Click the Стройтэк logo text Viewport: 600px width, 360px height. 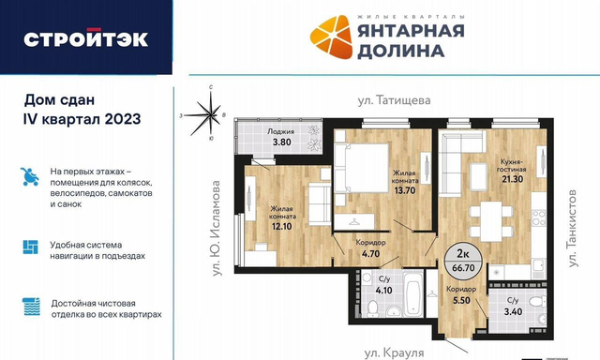85,38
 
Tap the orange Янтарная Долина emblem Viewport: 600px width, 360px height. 331,37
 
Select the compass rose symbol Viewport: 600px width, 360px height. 209,114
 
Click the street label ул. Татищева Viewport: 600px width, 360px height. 394,100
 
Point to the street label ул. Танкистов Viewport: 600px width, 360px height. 572,228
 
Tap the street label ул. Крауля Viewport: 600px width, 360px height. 394,352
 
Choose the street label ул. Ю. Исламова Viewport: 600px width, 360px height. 217,228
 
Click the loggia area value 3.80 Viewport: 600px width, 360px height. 281,142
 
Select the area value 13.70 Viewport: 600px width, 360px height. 405,190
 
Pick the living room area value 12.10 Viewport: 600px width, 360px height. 281,226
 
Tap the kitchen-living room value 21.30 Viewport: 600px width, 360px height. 513,179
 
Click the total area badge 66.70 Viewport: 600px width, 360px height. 463,267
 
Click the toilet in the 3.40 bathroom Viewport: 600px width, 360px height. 537,302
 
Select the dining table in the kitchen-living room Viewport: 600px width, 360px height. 491,221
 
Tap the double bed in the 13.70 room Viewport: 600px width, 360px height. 362,168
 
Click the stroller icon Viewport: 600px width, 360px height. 30,177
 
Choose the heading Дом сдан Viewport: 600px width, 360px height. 59,100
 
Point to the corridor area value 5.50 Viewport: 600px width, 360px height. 461,300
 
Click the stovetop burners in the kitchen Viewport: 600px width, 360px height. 539,218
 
